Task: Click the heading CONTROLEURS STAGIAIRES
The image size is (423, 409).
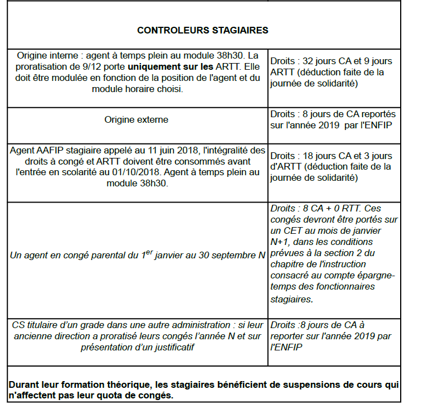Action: pyautogui.click(x=202, y=30)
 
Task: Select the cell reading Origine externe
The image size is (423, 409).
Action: pyautogui.click(x=136, y=119)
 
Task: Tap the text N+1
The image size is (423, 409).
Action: pyautogui.click(x=281, y=242)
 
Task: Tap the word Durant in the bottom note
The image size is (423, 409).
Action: pyautogui.click(x=23, y=385)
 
